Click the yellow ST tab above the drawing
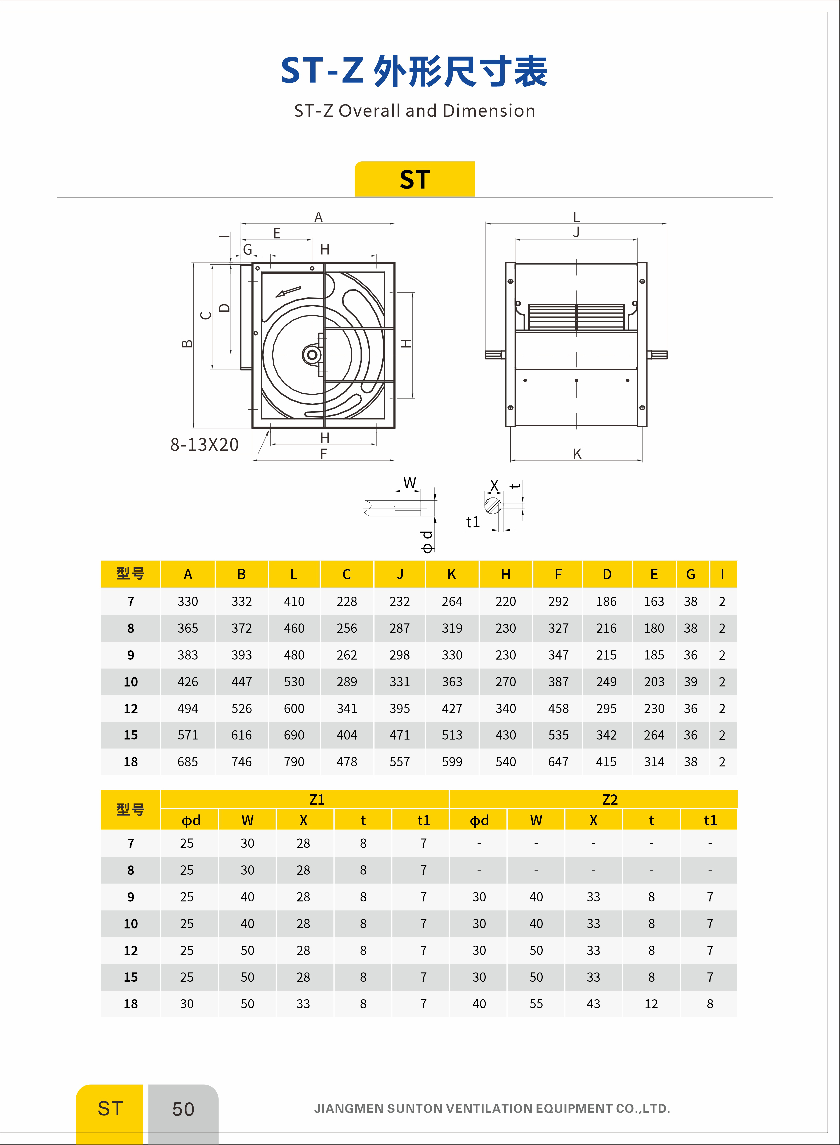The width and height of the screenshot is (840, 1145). point(415,179)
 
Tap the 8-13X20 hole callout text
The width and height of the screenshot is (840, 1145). point(204,445)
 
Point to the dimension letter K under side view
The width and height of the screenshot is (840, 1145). point(577,454)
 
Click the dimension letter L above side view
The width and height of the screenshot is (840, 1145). point(576,218)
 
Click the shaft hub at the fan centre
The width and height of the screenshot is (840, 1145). point(312,355)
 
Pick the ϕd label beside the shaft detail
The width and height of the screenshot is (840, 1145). point(427,541)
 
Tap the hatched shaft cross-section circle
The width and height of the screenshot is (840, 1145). point(492,506)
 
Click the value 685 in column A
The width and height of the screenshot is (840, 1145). point(188,762)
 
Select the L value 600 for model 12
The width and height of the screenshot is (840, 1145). point(294,708)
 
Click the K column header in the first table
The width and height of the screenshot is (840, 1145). point(451,575)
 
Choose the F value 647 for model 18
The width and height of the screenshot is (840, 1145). point(558,762)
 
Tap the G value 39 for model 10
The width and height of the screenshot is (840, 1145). point(690,682)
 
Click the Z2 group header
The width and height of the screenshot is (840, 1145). point(609,800)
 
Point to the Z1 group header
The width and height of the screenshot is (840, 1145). point(316,800)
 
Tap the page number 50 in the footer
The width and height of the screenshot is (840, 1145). point(183,1109)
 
